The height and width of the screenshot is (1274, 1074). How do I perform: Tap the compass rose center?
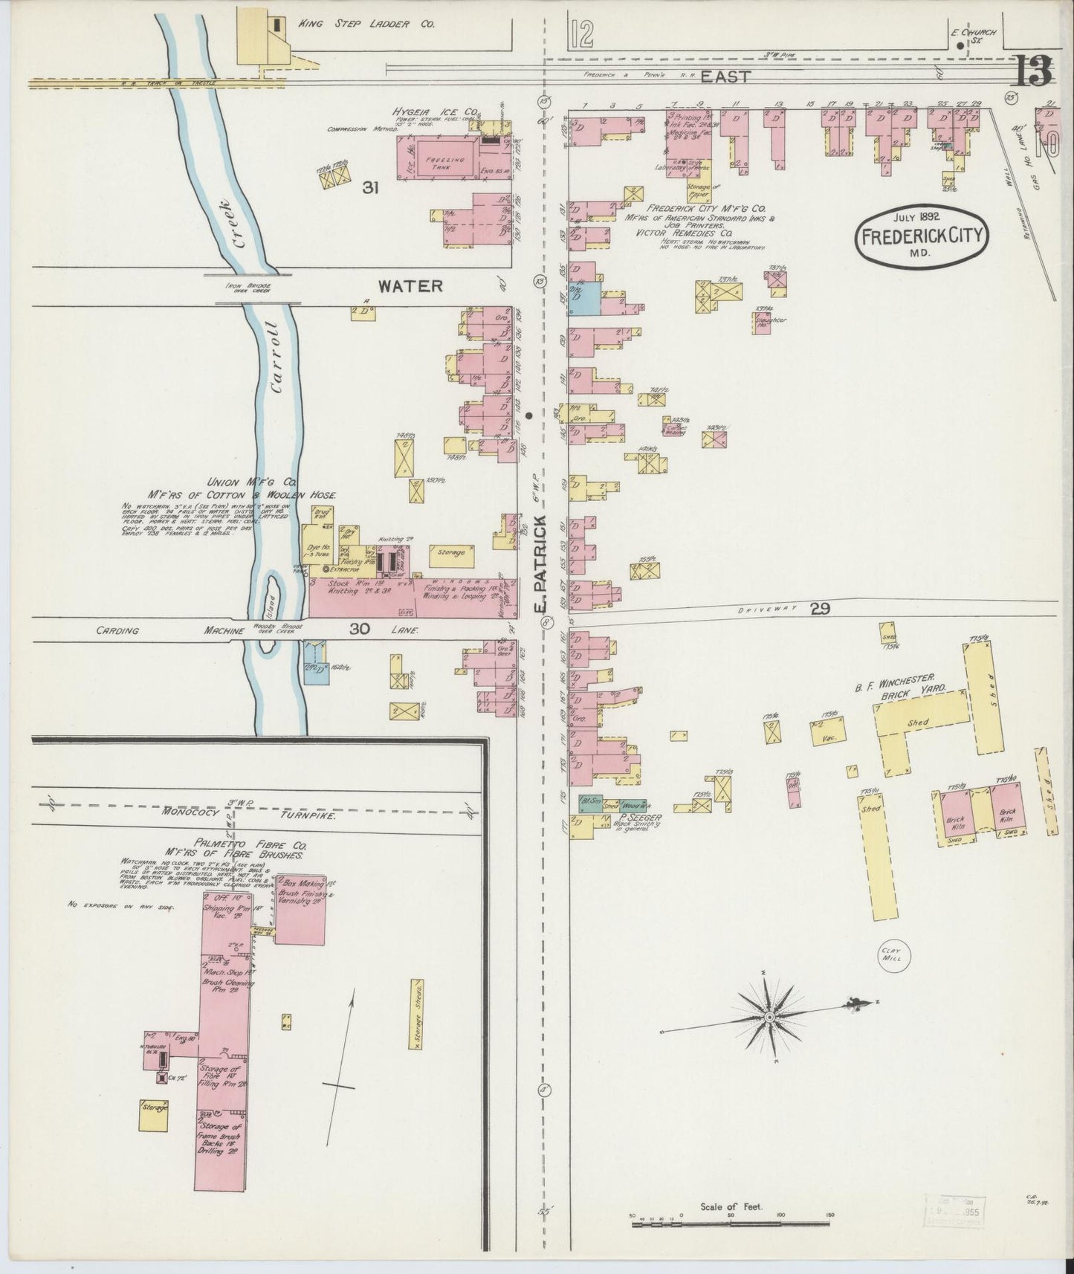point(770,1016)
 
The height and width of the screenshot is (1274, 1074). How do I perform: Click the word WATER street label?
point(410,286)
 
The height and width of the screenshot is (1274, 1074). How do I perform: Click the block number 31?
point(371,189)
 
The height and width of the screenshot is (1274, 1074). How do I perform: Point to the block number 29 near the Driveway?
point(820,609)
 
